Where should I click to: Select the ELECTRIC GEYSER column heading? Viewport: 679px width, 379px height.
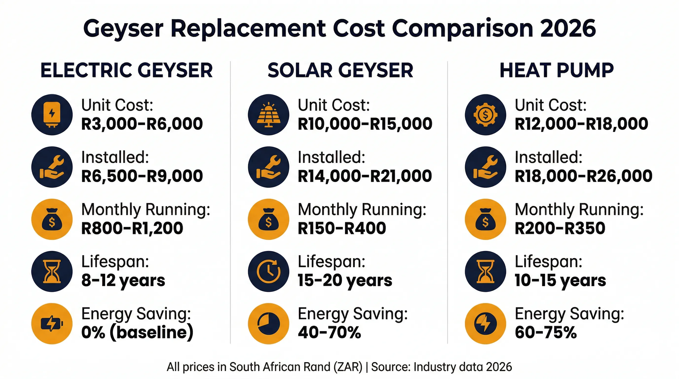pos(127,70)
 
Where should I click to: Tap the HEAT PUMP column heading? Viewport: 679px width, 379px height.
pos(556,70)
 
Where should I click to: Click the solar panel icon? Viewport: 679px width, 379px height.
pos(268,115)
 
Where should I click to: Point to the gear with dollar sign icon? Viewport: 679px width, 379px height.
pos(485,115)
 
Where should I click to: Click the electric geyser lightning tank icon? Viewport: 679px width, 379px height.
pos(52,115)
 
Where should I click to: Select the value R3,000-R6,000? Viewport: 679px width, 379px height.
pos(142,124)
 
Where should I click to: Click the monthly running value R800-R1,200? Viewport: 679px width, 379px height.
pos(132,228)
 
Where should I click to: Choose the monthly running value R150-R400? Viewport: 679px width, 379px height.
pos(342,228)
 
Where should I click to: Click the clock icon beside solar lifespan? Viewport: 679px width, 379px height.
pos(268,271)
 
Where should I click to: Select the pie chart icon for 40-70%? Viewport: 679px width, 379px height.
pos(268,323)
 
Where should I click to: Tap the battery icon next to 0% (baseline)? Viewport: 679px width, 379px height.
pos(52,323)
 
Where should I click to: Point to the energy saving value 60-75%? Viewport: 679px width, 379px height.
pos(546,332)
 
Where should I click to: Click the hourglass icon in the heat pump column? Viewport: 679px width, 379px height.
pos(485,271)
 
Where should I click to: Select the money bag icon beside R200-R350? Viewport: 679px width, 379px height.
pos(485,219)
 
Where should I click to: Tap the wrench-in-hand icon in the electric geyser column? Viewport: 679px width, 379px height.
pos(52,167)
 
